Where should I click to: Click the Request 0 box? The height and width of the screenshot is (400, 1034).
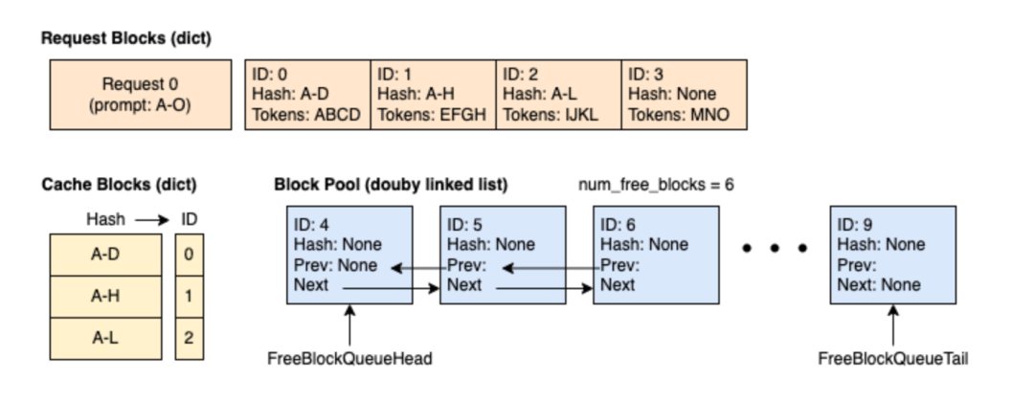click(140, 95)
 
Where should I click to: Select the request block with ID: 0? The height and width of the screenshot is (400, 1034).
click(307, 95)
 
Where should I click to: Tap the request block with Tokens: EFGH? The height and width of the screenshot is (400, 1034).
click(433, 95)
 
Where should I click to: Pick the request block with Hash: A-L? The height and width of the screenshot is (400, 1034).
click(558, 95)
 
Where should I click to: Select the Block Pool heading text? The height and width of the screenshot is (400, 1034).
click(391, 184)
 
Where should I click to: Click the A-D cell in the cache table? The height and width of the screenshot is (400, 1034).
click(104, 256)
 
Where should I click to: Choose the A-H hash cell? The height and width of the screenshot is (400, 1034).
click(104, 297)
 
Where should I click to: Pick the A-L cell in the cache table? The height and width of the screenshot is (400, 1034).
click(104, 338)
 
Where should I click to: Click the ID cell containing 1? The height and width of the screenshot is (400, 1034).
click(190, 297)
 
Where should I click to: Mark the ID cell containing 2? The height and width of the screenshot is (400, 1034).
click(190, 338)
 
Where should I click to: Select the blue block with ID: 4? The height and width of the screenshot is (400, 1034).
click(349, 256)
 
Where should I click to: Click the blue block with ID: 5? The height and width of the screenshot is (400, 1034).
click(504, 256)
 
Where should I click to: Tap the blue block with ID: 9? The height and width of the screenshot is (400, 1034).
click(892, 256)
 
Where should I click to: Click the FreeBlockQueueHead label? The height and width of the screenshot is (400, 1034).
click(349, 360)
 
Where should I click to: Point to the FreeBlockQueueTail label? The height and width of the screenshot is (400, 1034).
click(892, 360)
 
